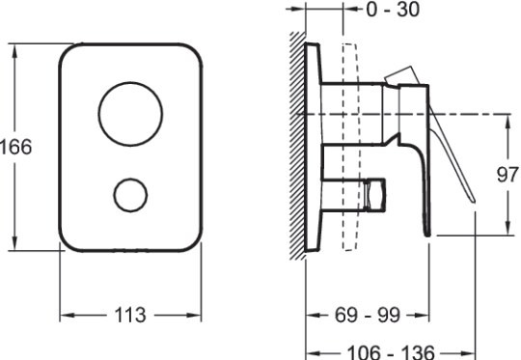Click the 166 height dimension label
click(16, 147)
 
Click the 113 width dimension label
click(130, 315)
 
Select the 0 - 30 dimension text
click(393, 9)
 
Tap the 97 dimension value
click(507, 174)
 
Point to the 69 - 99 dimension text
click(368, 315)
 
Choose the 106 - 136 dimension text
click(391, 351)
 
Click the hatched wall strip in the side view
click(297, 146)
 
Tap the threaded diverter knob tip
click(375, 195)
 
